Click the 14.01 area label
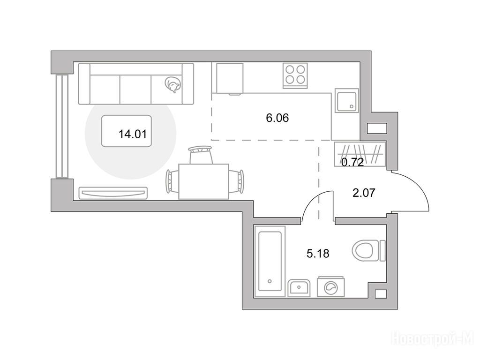coord(133,134)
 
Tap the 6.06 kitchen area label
coord(277,118)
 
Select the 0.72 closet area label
coord(352,162)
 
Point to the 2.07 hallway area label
coord(364,193)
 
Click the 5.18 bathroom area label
coord(318,254)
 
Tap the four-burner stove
coord(295,75)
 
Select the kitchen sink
coord(346,101)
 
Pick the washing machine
coord(330,286)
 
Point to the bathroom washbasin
coord(299,288)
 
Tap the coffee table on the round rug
coord(127,131)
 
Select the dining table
coord(203,181)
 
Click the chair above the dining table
coord(201,155)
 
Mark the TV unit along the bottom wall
coord(113,193)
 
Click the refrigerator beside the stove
coord(230,79)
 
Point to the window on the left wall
coord(62,126)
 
